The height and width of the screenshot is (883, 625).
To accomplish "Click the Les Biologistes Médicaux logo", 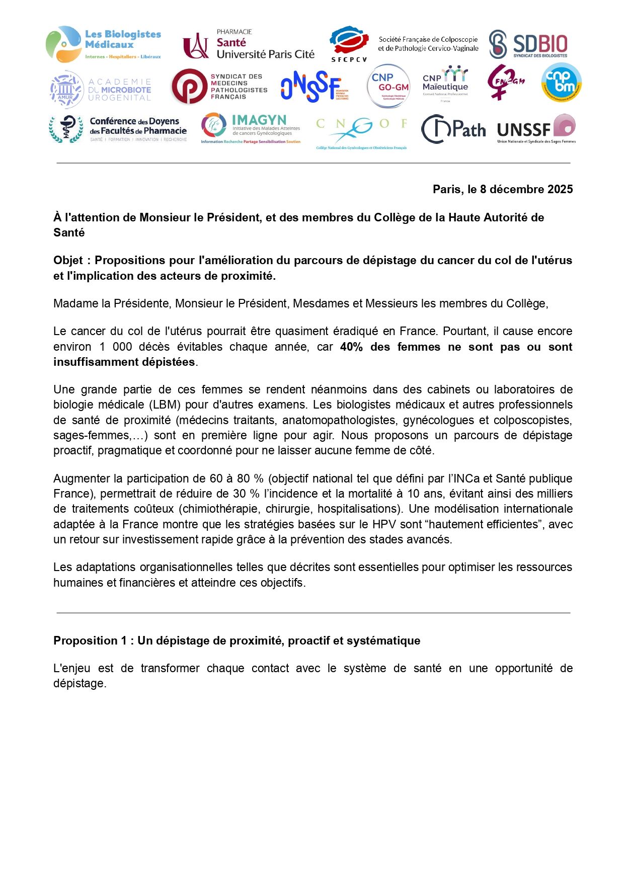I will [x=103, y=44].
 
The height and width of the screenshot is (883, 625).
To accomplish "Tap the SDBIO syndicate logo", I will [x=528, y=45].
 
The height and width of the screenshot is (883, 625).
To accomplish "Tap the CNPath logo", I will [x=453, y=129].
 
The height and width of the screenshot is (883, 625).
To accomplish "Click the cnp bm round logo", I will [x=561, y=83].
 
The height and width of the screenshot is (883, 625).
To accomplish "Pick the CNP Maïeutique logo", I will [x=445, y=83].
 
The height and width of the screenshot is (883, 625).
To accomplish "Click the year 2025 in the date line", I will [x=560, y=190].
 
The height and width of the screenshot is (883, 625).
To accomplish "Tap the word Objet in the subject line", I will [x=68, y=261].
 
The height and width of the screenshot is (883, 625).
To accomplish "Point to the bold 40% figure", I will [x=351, y=347].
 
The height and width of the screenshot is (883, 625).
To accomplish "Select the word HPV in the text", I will [x=384, y=524].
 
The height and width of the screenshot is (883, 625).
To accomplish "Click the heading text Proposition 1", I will [x=90, y=641].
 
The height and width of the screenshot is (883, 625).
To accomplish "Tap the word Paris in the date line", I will [x=447, y=190].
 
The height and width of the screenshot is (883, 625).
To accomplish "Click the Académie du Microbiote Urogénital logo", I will [x=101, y=90].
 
